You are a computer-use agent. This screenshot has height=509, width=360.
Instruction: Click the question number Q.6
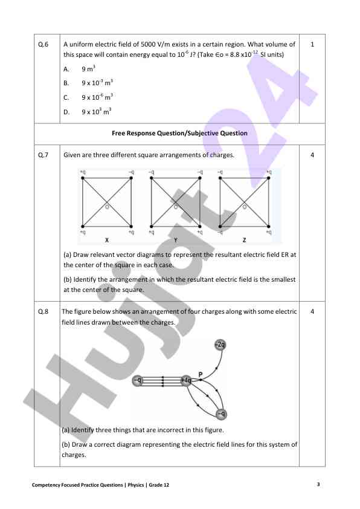[x=43, y=45]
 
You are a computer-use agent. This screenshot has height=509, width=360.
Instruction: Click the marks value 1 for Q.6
[x=312, y=45]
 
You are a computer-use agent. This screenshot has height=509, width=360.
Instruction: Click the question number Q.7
[x=43, y=155]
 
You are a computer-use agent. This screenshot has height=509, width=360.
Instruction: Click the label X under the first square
[x=106, y=240]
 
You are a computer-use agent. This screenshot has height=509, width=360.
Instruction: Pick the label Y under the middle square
[x=175, y=240]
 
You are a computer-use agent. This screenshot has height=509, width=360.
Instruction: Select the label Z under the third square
[x=243, y=240]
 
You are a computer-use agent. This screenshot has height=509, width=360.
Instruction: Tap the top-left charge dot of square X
[x=82, y=178]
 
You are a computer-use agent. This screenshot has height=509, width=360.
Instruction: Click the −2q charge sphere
[x=220, y=345]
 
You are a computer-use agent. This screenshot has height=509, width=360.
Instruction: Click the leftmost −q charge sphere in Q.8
[x=138, y=380]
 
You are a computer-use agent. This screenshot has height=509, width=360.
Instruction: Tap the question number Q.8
[x=43, y=311]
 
